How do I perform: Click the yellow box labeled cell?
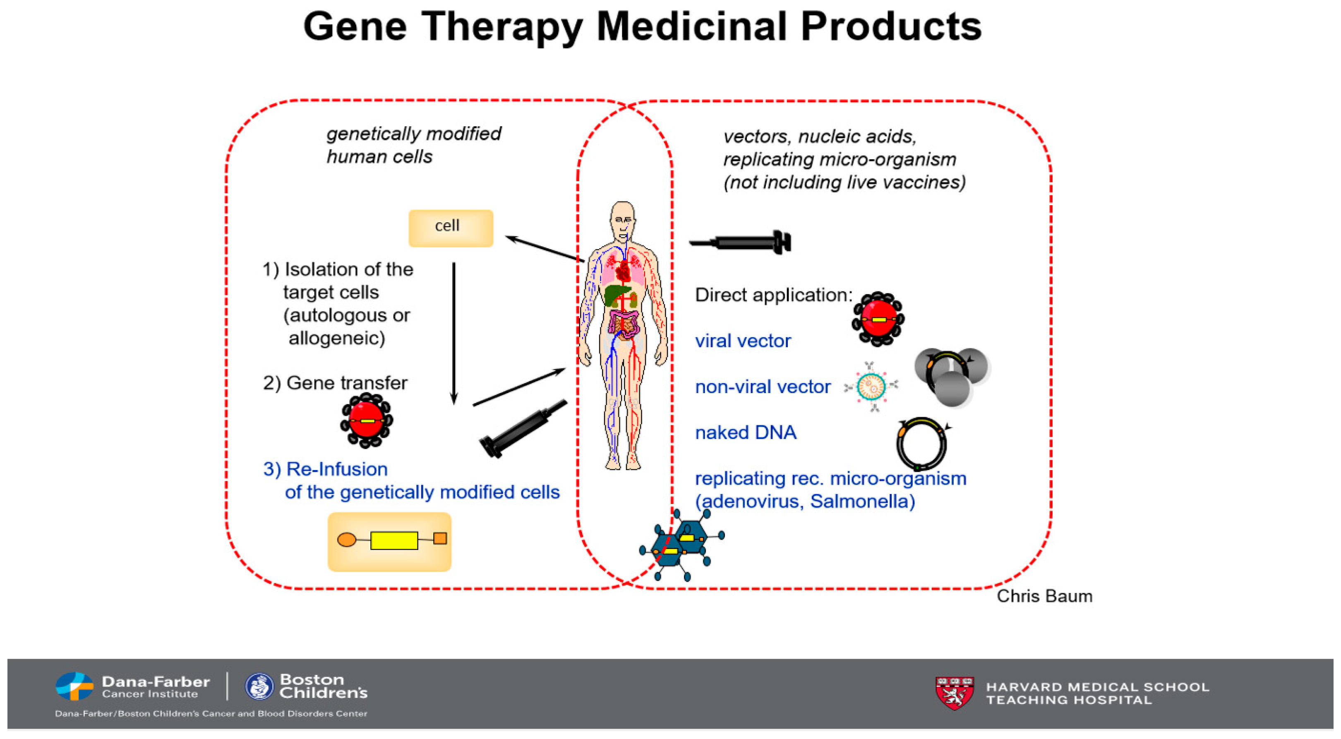[x=451, y=228]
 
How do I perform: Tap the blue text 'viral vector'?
[x=743, y=341]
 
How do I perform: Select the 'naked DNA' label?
[x=746, y=432]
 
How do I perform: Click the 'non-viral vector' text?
[x=763, y=387]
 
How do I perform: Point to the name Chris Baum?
[x=1044, y=596]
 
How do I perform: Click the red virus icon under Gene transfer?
[x=367, y=420]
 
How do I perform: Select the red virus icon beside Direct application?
[x=878, y=319]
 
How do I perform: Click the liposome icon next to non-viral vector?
[x=871, y=387]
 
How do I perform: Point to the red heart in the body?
[x=623, y=271]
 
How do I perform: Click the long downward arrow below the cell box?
[x=454, y=333]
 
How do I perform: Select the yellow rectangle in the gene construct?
[x=394, y=540]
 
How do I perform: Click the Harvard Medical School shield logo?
[x=954, y=693]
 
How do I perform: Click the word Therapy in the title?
[x=502, y=27]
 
